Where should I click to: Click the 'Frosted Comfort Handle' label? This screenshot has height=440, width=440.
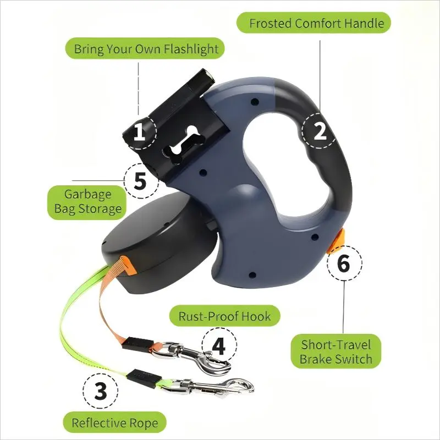coord(313,23)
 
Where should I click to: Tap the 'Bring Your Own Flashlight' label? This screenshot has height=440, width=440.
coord(145,48)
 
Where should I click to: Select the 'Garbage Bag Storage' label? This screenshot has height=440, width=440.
coord(87,202)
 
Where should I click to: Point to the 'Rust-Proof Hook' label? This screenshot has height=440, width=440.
coord(225,316)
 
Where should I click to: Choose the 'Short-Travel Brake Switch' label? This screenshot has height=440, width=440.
coord(336,351)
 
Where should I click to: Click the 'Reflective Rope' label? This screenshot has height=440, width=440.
coord(115,422)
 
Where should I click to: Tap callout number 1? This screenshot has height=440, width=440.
coord(140,132)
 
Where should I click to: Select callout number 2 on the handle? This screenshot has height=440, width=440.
coord(320,131)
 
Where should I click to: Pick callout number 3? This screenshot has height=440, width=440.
coord(100,391)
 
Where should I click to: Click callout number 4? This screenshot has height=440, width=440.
coord(219,345)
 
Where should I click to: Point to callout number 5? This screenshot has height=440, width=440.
coord(141,181)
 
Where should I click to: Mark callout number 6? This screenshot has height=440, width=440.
coord(344,263)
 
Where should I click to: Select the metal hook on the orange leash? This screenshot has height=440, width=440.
coord(191,356)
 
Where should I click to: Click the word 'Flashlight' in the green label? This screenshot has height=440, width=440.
coord(191,48)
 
